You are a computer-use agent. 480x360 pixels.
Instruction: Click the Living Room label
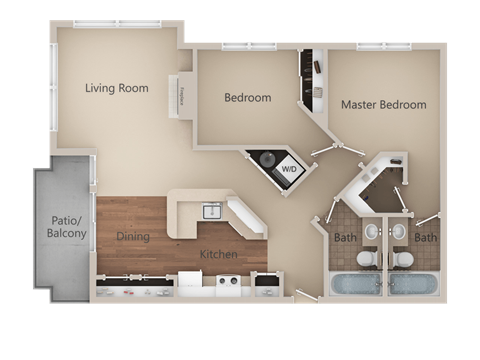click(x=116, y=88)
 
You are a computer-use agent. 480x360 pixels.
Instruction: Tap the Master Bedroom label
click(x=383, y=104)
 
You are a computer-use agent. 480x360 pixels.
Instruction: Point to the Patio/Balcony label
click(x=66, y=227)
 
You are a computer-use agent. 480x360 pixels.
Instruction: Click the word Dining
click(x=133, y=237)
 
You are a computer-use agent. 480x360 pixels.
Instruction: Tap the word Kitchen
click(x=218, y=254)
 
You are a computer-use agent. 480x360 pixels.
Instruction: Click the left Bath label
click(x=344, y=238)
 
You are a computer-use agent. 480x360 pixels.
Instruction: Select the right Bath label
click(x=426, y=238)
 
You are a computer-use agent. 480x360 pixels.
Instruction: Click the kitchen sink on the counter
click(x=211, y=211)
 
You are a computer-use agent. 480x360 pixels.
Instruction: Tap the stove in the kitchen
click(x=229, y=286)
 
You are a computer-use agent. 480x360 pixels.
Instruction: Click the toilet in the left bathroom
click(x=367, y=259)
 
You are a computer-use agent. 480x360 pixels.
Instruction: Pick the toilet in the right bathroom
click(x=402, y=259)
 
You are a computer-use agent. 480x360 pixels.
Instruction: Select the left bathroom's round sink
click(x=371, y=232)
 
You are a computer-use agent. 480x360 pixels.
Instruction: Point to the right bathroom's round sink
click(x=399, y=232)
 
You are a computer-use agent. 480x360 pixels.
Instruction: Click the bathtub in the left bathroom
click(x=355, y=284)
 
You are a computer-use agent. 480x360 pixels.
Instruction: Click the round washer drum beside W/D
click(x=267, y=160)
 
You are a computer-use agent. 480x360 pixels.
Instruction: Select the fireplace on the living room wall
click(x=185, y=97)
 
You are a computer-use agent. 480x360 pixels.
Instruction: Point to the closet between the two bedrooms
click(x=310, y=75)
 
